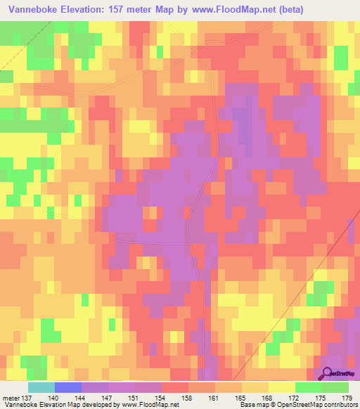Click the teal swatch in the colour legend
click(x=41, y=387)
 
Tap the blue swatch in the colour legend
click(x=67, y=387)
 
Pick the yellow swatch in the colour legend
click(x=281, y=387)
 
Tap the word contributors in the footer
click(x=341, y=404)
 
